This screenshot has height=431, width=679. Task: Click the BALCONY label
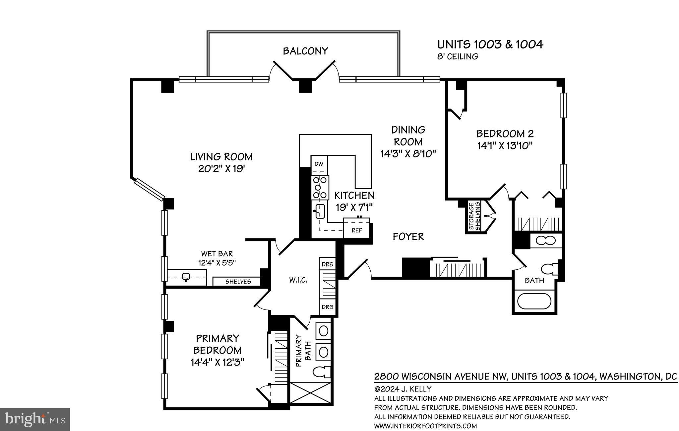point(305,51)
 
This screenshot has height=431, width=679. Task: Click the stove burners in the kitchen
point(320,188)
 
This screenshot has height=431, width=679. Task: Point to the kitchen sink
point(320,211)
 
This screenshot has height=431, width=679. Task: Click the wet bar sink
point(186,276)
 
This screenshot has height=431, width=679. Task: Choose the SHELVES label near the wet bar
point(238,282)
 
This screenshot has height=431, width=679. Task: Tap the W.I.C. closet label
point(298,280)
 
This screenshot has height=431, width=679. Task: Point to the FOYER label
point(408,236)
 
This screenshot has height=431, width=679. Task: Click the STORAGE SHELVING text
point(474,216)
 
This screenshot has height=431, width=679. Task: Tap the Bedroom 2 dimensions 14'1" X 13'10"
point(505,145)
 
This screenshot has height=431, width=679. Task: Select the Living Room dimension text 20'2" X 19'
point(221,169)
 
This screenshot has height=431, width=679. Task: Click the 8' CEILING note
point(458,56)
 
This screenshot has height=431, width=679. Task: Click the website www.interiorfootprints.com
point(425,426)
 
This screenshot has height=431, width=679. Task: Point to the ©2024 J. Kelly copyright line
point(403,389)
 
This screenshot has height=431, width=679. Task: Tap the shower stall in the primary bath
point(311,393)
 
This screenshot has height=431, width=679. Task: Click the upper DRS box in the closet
point(327,264)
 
